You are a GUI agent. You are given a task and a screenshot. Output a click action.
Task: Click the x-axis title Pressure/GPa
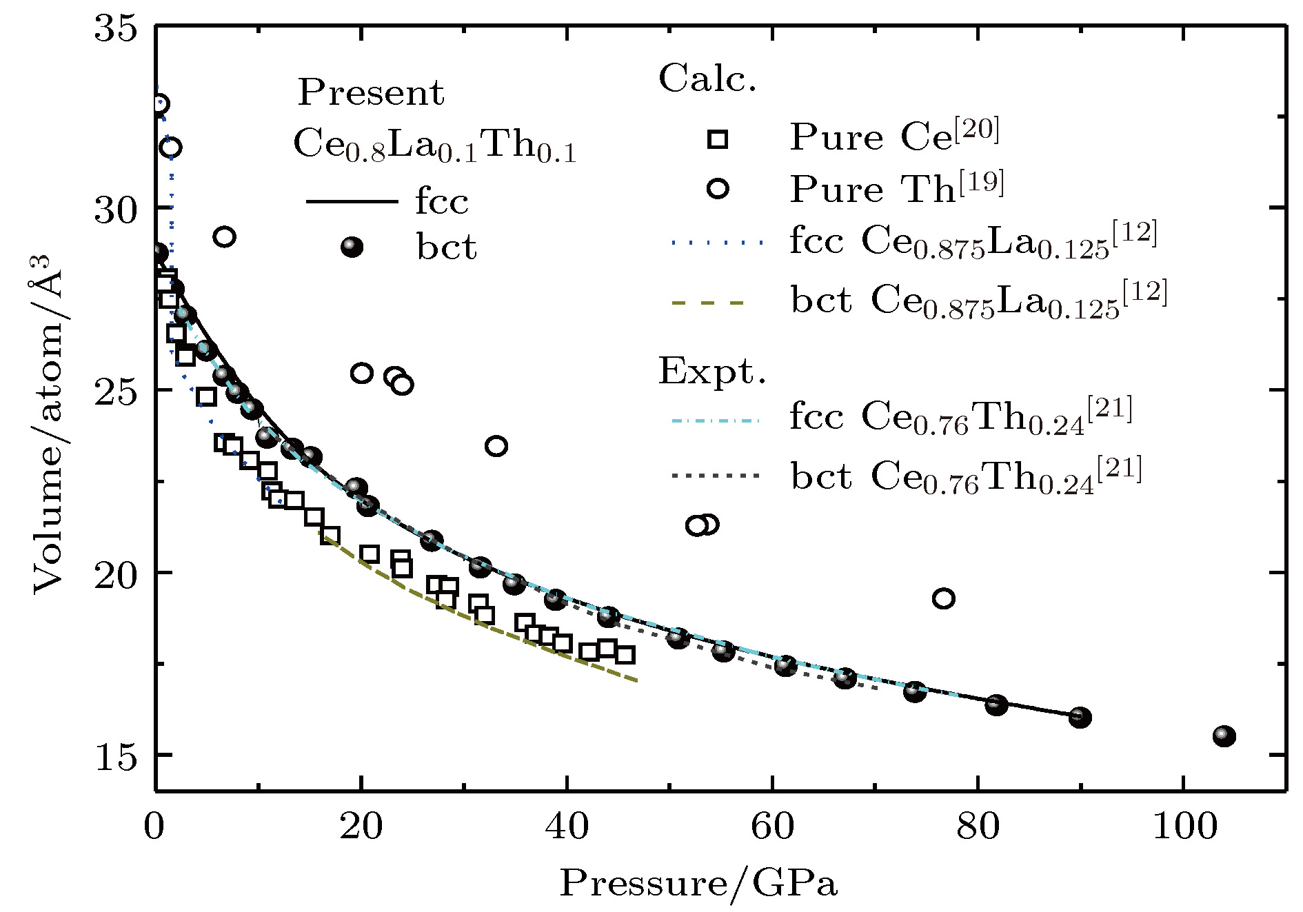[698, 883]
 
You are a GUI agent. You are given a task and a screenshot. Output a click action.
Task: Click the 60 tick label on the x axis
[773, 826]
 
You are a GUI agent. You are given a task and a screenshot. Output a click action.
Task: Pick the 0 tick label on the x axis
[155, 826]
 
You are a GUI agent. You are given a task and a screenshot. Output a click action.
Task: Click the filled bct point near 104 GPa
[1224, 736]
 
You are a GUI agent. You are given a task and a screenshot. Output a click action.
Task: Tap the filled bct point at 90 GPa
[1080, 718]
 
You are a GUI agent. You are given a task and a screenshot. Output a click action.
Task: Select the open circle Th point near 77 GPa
[944, 598]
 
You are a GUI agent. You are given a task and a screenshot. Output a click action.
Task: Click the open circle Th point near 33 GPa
[496, 447]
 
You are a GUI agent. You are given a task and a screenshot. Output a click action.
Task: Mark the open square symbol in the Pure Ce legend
[718, 139]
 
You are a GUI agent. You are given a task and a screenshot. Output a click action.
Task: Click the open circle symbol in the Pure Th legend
[718, 188]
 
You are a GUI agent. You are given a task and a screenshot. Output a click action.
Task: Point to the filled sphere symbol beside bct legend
[352, 247]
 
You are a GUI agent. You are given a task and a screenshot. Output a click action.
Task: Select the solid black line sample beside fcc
[352, 201]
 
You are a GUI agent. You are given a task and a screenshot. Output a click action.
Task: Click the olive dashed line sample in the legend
[709, 302]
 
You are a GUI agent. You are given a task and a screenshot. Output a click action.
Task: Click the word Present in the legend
[371, 93]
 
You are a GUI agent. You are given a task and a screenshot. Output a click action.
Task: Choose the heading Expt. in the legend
[711, 372]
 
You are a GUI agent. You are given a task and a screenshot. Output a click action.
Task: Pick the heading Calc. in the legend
[707, 79]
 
